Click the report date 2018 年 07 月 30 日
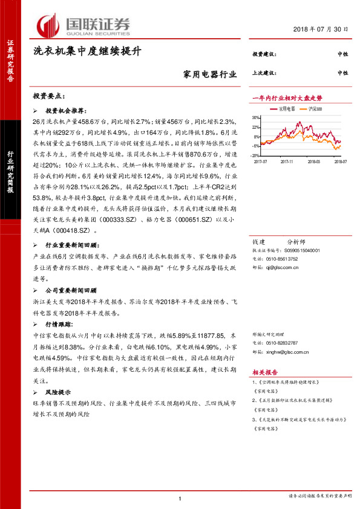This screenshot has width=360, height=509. [x=322, y=30]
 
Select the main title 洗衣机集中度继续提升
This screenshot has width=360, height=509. [x=87, y=53]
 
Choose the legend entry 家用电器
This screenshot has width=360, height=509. [x=286, y=109]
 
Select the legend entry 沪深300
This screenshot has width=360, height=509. [x=313, y=109]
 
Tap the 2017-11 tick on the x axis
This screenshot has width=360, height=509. [x=287, y=161]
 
